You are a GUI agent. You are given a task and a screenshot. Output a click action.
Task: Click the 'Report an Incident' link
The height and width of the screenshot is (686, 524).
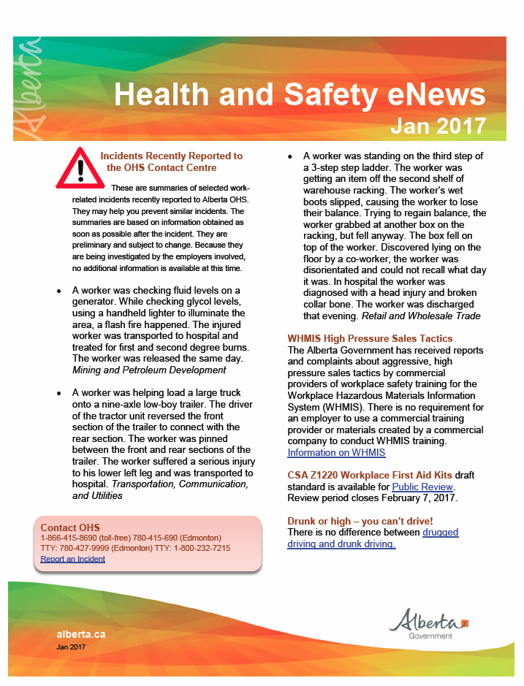72,559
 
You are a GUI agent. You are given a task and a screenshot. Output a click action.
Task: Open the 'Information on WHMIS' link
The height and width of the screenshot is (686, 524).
336,453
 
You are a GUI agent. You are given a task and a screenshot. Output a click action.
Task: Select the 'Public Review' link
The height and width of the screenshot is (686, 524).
423,487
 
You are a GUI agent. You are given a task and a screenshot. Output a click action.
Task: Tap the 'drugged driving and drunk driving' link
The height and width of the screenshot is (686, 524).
373,538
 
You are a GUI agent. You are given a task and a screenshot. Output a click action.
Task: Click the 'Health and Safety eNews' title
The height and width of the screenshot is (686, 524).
300,94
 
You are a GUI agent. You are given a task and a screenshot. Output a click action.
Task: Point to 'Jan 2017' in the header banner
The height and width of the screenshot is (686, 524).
438,126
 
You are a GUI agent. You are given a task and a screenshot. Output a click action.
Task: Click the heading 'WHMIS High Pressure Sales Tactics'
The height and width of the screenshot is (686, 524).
370,339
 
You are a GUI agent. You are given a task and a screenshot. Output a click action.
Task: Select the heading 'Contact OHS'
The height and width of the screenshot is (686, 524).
70,527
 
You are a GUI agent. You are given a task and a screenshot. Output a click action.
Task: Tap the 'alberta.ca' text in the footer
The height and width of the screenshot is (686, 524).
80,634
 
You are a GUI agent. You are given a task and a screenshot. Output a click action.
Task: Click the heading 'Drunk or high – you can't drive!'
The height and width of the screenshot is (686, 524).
360,521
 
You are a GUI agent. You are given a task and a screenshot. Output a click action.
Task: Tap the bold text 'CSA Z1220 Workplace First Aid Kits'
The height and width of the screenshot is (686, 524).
370,475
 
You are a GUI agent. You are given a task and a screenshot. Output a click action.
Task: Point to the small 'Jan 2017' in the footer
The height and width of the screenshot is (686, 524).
71,647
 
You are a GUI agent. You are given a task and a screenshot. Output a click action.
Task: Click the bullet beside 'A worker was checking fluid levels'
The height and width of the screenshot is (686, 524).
59,291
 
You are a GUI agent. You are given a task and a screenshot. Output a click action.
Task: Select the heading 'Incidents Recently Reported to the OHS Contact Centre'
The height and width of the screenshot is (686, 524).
171,161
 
